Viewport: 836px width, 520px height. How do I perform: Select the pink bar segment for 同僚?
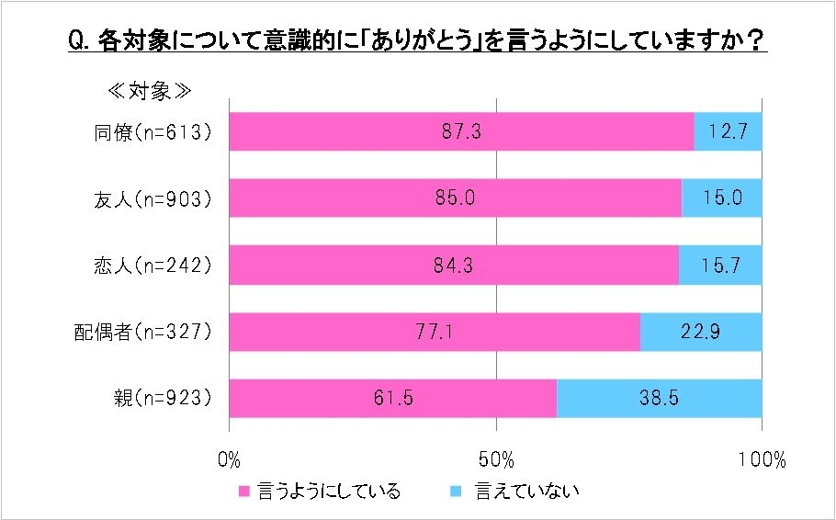(367, 131)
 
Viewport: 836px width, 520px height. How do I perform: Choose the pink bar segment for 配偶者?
(367, 332)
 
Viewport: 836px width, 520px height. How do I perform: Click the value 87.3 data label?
(460, 131)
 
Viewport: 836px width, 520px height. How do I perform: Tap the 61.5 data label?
(394, 398)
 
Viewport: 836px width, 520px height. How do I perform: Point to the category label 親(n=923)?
(161, 398)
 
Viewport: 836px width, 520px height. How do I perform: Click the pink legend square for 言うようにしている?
(245, 491)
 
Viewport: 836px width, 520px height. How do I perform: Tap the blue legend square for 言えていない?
(456, 491)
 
